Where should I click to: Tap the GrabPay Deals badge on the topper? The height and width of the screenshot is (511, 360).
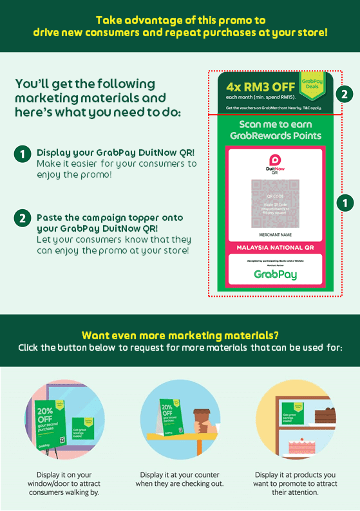[312, 86]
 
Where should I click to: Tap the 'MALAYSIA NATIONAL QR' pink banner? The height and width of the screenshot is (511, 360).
[274, 248]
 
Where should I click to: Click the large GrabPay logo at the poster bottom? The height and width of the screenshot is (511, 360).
[275, 274]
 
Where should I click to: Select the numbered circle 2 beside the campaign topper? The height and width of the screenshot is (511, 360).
[345, 94]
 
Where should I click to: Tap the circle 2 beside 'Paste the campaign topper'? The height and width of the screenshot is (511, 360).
[22, 219]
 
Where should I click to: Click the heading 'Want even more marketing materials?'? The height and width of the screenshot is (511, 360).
[180, 335]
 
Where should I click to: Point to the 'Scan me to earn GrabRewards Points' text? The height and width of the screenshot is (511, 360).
[275, 130]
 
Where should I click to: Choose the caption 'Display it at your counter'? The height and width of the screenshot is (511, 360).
[180, 478]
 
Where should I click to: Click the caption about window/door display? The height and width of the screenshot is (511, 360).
[64, 483]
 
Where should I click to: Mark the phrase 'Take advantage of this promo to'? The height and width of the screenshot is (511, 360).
[180, 20]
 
